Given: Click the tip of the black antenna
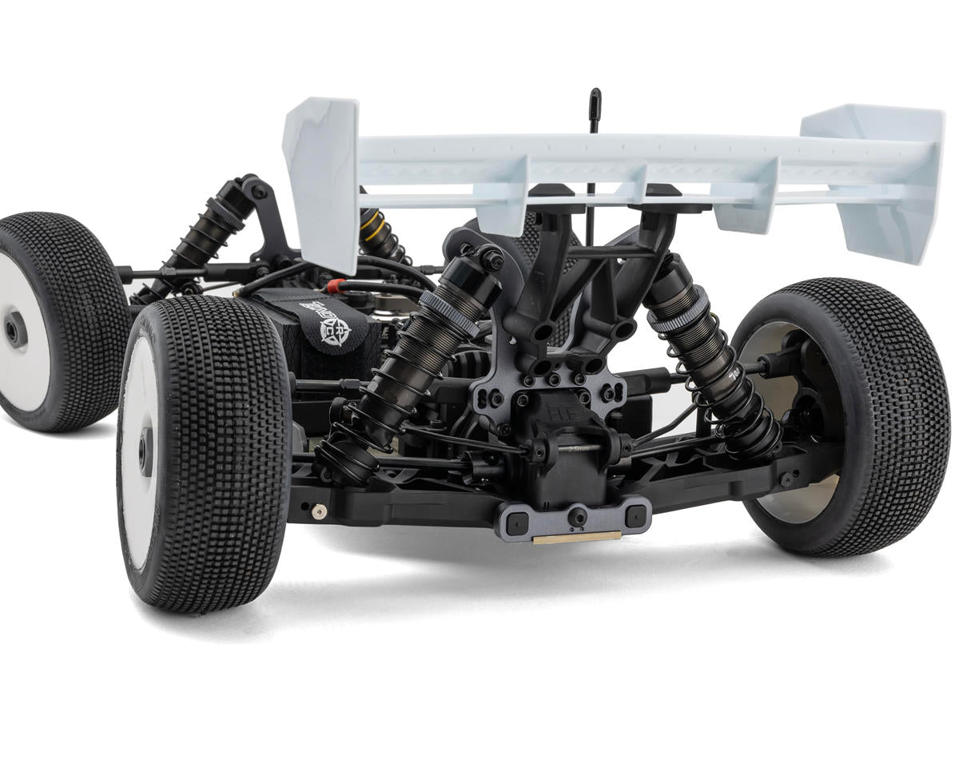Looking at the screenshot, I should point(595,94).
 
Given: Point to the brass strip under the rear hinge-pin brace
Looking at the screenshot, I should point(576,537).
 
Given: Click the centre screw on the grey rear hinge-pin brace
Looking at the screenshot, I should point(577,518).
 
